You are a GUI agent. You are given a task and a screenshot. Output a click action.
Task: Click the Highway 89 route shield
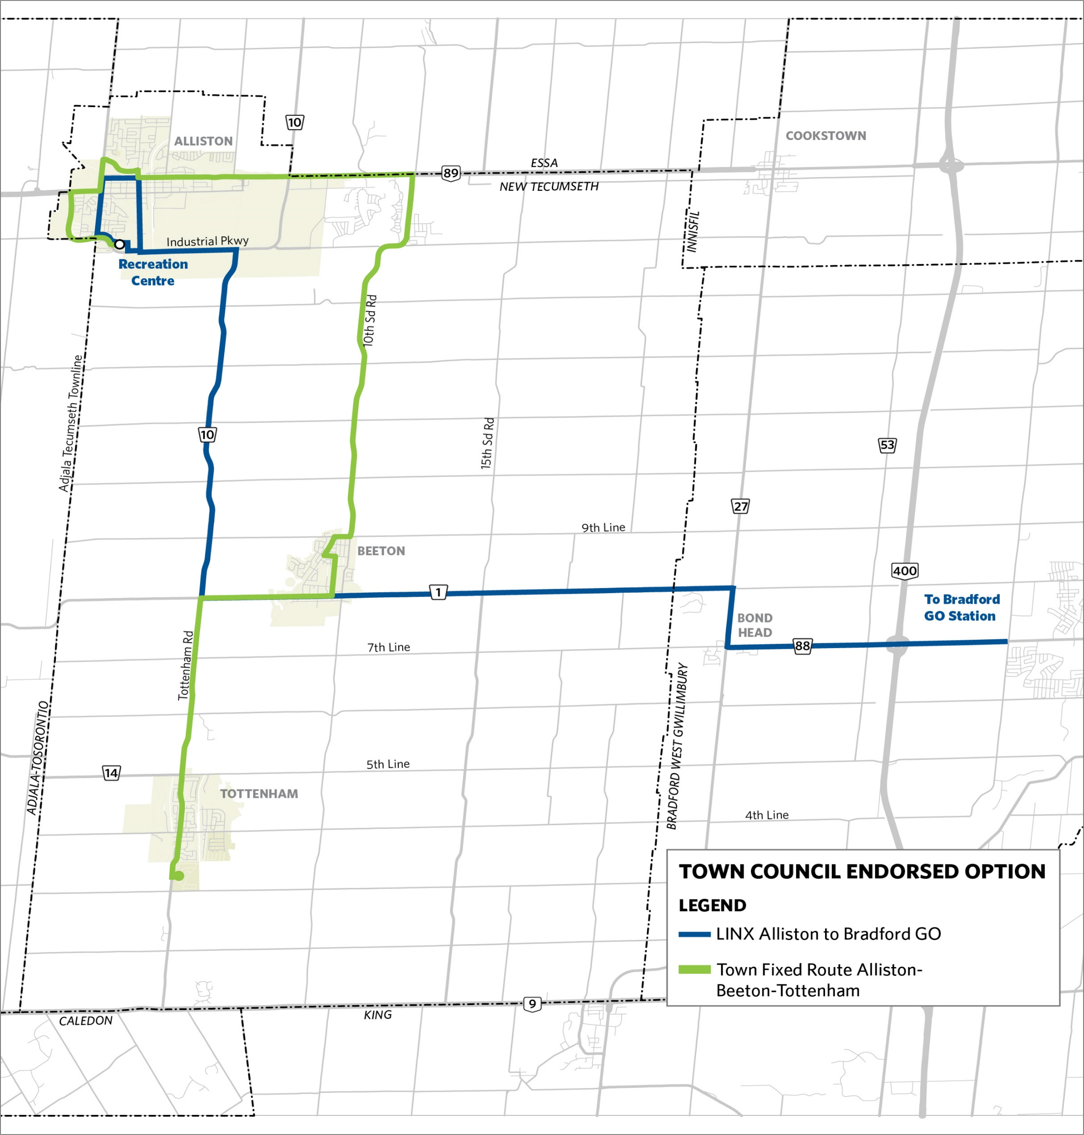click(x=451, y=173)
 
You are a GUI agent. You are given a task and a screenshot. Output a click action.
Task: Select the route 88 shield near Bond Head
click(x=802, y=646)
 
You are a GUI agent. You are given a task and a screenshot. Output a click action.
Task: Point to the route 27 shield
click(x=740, y=506)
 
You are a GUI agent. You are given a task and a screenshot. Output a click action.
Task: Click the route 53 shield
click(x=887, y=445)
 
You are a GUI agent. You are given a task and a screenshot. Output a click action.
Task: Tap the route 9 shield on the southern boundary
click(x=532, y=1004)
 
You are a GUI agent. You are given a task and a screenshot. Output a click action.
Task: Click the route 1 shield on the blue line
click(x=438, y=592)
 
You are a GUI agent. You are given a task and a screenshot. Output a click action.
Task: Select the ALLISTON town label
click(x=204, y=141)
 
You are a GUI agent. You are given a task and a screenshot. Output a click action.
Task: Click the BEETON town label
click(x=381, y=551)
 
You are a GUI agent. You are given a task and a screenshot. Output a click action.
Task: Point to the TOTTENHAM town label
click(x=259, y=794)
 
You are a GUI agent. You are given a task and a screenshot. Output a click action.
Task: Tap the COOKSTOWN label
click(x=826, y=136)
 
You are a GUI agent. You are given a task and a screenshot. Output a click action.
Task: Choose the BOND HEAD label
click(x=755, y=625)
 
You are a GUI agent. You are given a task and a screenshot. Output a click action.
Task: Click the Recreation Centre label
click(x=153, y=272)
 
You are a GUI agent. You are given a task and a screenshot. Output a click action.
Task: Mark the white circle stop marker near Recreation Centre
click(x=119, y=244)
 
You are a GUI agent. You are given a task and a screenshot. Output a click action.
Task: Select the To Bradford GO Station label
click(x=961, y=607)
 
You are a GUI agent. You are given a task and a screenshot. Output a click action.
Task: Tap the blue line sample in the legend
click(x=694, y=934)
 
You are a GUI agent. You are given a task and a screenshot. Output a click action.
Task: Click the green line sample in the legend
click(x=694, y=970)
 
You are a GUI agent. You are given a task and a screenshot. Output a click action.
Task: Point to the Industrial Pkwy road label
click(x=207, y=241)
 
